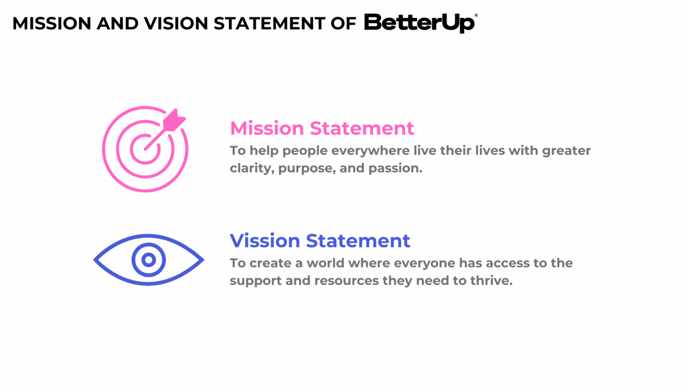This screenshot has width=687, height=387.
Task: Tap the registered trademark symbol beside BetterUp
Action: pyautogui.click(x=476, y=16)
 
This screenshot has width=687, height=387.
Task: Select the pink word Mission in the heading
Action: pyautogui.click(x=267, y=129)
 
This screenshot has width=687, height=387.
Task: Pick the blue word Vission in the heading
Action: pyautogui.click(x=265, y=241)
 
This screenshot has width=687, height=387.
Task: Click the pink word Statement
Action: pyautogui.click(x=362, y=129)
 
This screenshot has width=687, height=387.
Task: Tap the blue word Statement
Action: pyautogui.click(x=358, y=241)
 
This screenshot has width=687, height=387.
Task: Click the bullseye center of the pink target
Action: pyautogui.click(x=145, y=149)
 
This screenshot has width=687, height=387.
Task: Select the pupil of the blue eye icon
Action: pyautogui.click(x=148, y=260)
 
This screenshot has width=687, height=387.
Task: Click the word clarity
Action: pyautogui.click(x=251, y=168)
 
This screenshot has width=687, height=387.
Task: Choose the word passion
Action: pyautogui.click(x=395, y=168)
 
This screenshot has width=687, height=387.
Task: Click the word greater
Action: pyautogui.click(x=566, y=151)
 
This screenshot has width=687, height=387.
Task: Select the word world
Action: pyautogui.click(x=325, y=263)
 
